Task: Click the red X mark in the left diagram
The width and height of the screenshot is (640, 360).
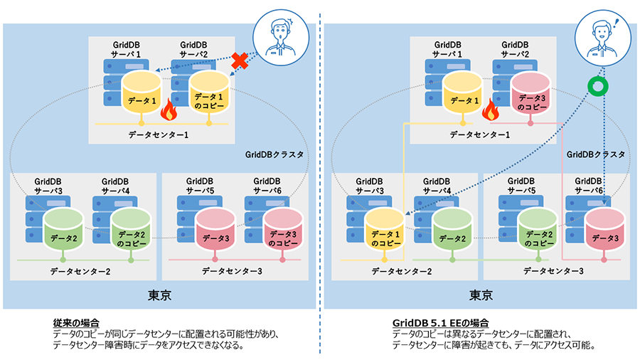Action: point(240,62)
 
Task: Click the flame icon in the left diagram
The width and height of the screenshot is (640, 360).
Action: point(169,110)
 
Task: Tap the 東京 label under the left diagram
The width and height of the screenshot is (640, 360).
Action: point(159,294)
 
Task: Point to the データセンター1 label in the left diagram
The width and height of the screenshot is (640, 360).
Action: point(159,134)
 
